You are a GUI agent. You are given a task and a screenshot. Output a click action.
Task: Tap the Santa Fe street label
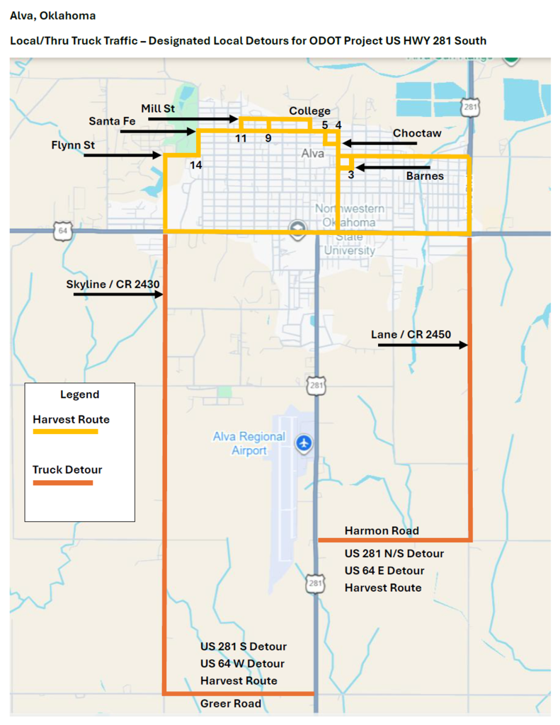point(112,121)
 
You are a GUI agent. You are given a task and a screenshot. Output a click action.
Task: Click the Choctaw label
point(417,133)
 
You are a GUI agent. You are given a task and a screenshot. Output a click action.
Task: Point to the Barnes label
point(425,176)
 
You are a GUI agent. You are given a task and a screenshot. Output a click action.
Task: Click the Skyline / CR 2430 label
point(113,284)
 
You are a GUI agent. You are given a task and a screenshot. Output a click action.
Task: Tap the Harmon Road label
point(382,530)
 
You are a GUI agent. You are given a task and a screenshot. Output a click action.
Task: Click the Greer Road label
point(231,704)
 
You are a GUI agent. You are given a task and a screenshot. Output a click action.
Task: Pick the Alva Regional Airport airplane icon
point(305,443)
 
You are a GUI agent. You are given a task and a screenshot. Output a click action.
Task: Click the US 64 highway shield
point(63,231)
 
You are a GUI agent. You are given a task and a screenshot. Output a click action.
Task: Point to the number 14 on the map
point(196,164)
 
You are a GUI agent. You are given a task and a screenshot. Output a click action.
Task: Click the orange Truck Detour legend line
point(62,483)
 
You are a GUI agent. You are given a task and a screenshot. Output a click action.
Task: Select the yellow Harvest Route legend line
point(65,431)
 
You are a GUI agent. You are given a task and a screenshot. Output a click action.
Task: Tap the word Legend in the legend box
point(79,394)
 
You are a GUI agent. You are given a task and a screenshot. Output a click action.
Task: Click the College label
point(309,111)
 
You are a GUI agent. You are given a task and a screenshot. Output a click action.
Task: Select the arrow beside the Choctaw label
point(379,144)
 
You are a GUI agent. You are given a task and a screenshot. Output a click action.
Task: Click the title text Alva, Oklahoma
point(53,16)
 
